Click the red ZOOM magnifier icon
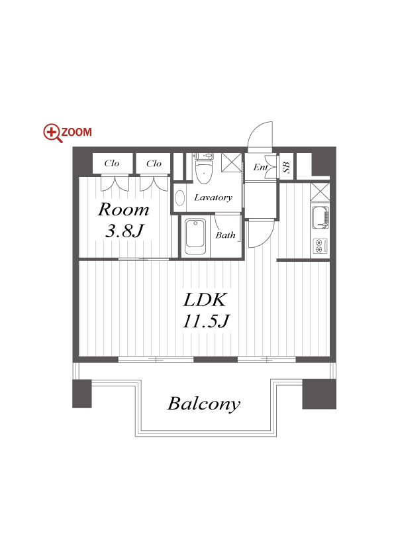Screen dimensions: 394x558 [52, 133]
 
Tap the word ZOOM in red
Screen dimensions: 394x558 [77, 132]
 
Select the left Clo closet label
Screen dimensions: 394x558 [112, 163]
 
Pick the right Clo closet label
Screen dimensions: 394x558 [154, 163]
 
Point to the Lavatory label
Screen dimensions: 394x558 [213, 197]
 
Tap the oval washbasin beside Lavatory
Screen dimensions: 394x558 [180, 197]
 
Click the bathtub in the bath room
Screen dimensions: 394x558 [195, 237]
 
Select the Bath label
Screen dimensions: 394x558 [225, 235]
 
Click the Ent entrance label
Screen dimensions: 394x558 [261, 167]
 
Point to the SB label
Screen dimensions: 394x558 [286, 167]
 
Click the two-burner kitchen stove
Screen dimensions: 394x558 [319, 246]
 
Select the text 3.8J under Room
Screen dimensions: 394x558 [124, 231]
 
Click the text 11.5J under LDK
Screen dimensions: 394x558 [206, 321]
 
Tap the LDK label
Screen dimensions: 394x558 [205, 300]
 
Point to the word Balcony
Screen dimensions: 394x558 [204, 404]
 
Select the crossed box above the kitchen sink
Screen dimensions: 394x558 [320, 192]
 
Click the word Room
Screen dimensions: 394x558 [123, 209]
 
